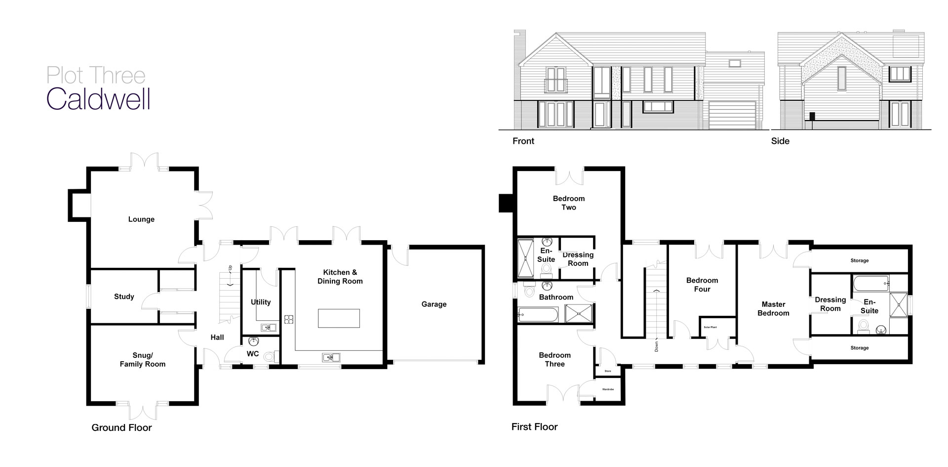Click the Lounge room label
[141, 219]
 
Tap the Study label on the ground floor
[124, 297]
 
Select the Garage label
[434, 304]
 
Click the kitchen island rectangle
[339, 318]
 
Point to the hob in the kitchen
[289, 319]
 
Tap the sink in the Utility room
[269, 327]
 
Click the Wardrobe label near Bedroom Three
[608, 389]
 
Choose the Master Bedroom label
[773, 309]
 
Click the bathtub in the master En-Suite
[870, 284]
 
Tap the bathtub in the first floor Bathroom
[538, 314]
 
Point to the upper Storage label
[860, 260]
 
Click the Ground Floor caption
[121, 427]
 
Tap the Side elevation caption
[780, 141]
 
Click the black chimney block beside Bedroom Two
[506, 203]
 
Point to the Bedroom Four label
[702, 285]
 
